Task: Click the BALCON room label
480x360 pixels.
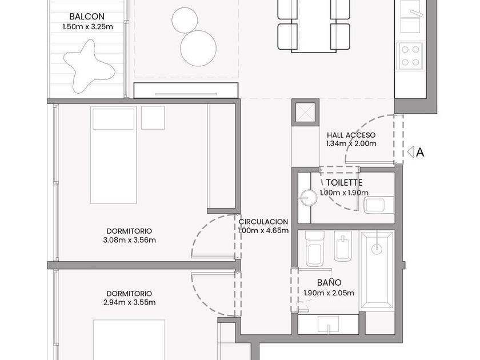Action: pyautogui.click(x=87, y=17)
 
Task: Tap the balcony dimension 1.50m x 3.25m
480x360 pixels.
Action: pyautogui.click(x=87, y=27)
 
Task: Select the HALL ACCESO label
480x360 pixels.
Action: pyautogui.click(x=351, y=135)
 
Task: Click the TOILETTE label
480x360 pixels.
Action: pyautogui.click(x=345, y=183)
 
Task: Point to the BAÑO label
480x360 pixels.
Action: pyautogui.click(x=329, y=282)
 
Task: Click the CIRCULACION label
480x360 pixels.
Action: pyautogui.click(x=263, y=222)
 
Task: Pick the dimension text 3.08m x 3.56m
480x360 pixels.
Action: pyautogui.click(x=130, y=240)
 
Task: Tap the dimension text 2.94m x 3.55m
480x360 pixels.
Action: pyautogui.click(x=130, y=302)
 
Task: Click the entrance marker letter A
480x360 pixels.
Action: pyautogui.click(x=421, y=152)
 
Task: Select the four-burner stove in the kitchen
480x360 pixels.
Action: pyautogui.click(x=410, y=56)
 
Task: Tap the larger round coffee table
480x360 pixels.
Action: pyautogui.click(x=198, y=49)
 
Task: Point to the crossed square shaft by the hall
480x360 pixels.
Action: pyautogui.click(x=306, y=113)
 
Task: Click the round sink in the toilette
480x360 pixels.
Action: pyautogui.click(x=308, y=198)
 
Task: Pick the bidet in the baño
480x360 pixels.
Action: pyautogui.click(x=343, y=246)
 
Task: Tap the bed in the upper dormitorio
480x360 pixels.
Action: pyautogui.click(x=114, y=155)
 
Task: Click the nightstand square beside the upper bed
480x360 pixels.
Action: pyautogui.click(x=153, y=118)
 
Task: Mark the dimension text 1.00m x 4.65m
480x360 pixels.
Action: pyautogui.click(x=263, y=230)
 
